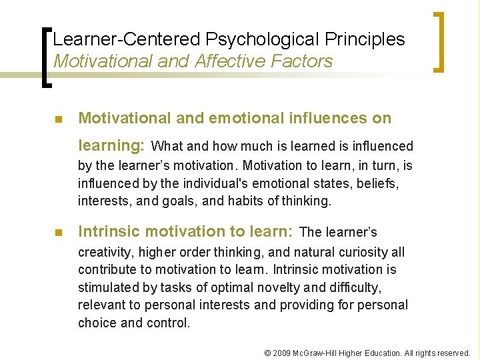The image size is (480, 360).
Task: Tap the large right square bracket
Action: coord(440,41)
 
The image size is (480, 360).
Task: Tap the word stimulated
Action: coord(107,288)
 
